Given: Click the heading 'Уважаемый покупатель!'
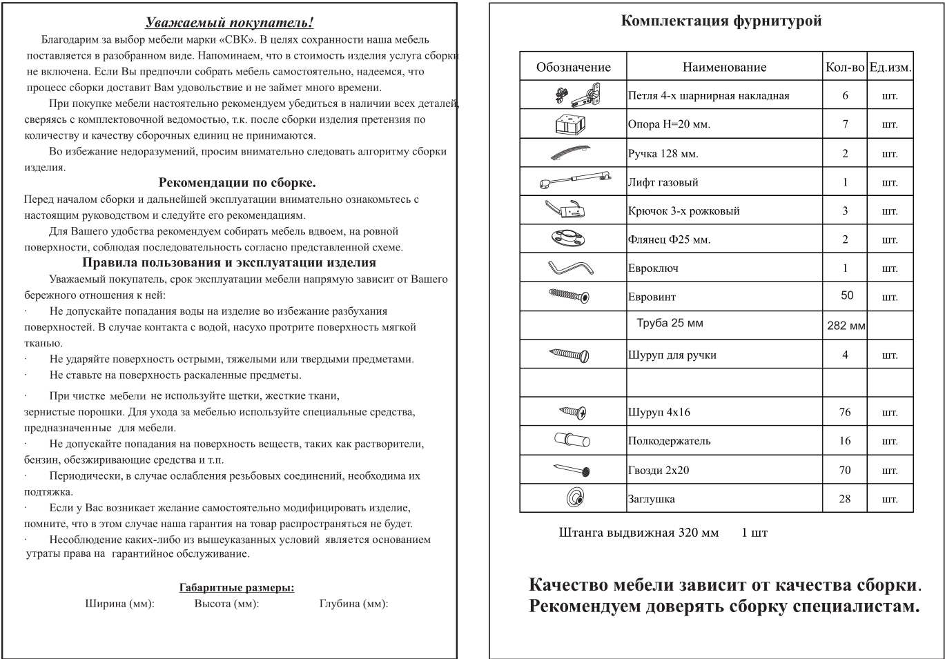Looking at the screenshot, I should pyautogui.click(x=231, y=23).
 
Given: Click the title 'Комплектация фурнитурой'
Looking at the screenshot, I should pyautogui.click(x=721, y=21).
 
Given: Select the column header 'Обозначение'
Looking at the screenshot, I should pyautogui.click(x=573, y=67).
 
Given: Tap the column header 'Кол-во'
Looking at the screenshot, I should pyautogui.click(x=844, y=67).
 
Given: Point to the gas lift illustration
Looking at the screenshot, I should pyautogui.click(x=574, y=182).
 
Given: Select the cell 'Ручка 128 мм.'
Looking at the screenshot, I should pyautogui.click(x=663, y=153).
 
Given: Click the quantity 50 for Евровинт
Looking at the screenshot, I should pyautogui.click(x=846, y=295).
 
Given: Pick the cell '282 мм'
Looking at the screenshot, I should pyautogui.click(x=846, y=325).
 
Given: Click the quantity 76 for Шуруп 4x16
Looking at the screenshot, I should pyautogui.click(x=845, y=412).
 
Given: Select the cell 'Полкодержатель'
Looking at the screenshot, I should pyautogui.click(x=669, y=441).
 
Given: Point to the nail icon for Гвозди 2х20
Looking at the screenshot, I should pyautogui.click(x=573, y=470).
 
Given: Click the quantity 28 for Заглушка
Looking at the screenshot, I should pyautogui.click(x=845, y=498).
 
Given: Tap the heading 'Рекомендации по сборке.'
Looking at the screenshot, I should pyautogui.click(x=237, y=183).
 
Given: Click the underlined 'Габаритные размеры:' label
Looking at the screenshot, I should pyautogui.click(x=237, y=588).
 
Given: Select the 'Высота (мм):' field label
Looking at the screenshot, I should pyautogui.click(x=226, y=604).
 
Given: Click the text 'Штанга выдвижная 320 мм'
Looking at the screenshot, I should pyautogui.click(x=639, y=533).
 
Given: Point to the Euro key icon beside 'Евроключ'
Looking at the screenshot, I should pyautogui.click(x=572, y=267).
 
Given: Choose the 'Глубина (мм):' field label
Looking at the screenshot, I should pyautogui.click(x=353, y=604).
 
